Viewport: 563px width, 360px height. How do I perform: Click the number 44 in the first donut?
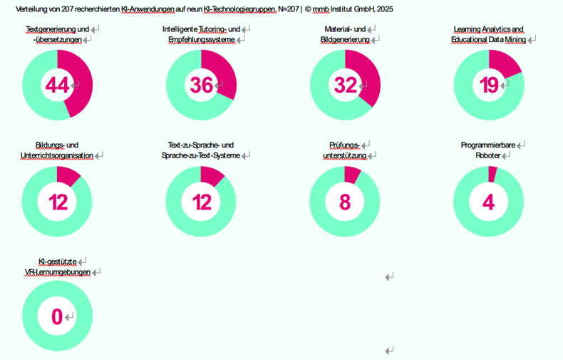point(57,85)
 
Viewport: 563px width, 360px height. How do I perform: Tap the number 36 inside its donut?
point(202,85)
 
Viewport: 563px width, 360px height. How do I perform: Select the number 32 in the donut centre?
point(345,85)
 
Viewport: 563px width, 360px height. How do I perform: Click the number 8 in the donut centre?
point(345,202)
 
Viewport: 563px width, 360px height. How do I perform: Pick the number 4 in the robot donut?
point(488,202)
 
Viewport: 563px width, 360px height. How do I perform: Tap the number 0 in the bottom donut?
point(56,317)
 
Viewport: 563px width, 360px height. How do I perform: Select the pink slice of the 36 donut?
point(223,73)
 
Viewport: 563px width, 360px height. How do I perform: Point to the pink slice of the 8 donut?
point(352,175)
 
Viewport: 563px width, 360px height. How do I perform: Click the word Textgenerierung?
point(51,29)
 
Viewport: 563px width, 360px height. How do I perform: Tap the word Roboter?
point(488,155)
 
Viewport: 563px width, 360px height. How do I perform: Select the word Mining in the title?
point(515,40)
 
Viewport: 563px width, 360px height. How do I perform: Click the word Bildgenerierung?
point(345,40)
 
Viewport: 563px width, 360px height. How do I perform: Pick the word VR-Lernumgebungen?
point(57,272)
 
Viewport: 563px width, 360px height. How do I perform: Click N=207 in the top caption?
point(286,9)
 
